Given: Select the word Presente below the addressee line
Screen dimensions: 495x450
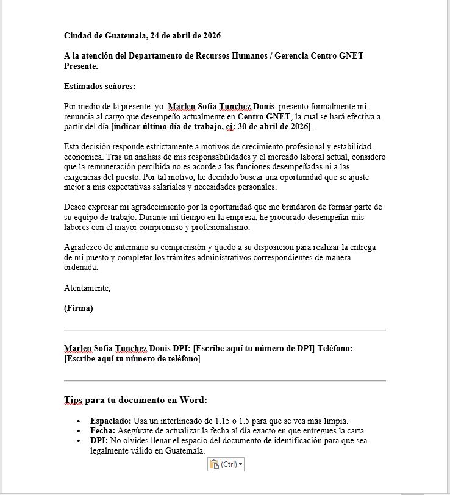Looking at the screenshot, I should [80, 66].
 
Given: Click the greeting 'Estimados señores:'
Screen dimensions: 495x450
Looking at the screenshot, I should [99, 86].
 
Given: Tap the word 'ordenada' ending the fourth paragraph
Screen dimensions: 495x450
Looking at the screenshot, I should [80, 267].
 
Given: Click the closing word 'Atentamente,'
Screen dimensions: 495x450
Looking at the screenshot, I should [87, 288].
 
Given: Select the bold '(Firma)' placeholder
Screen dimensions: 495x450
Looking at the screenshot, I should [79, 308].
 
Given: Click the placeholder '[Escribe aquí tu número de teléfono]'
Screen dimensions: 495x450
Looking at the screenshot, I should [132, 358].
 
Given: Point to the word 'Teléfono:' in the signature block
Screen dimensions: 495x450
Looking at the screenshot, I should [333, 348].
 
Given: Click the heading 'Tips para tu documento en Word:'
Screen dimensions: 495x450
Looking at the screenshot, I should [135, 400].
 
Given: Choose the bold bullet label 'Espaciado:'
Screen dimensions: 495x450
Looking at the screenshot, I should [110, 421].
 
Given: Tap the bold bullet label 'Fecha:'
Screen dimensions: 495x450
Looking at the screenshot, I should [103, 430].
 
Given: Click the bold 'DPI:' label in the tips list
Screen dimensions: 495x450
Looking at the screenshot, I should [99, 440].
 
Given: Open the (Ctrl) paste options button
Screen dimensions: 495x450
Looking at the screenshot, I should [226, 465].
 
